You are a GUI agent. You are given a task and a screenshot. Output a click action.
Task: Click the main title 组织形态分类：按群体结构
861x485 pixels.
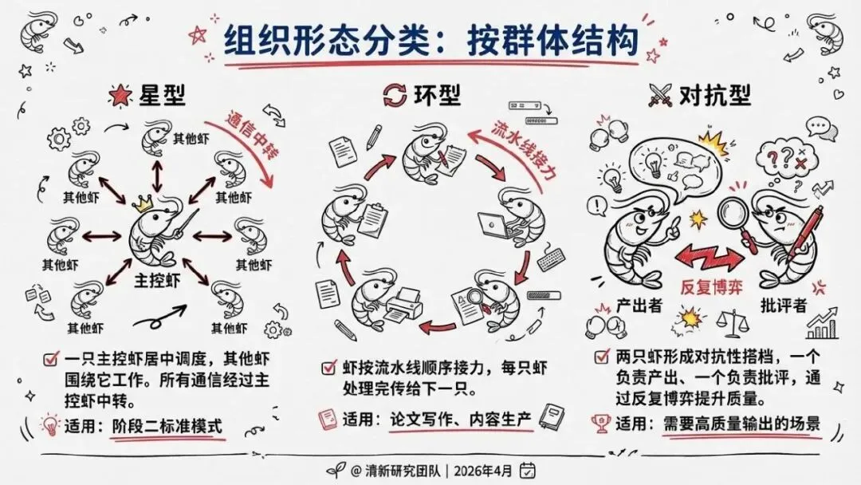click(431, 37)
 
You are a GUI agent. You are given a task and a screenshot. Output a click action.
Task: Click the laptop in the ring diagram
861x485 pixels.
click(495, 226)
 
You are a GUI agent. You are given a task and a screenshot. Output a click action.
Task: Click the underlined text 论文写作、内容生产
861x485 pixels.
click(460, 418)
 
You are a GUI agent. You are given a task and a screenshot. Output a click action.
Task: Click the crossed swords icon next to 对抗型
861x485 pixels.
click(660, 97)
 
